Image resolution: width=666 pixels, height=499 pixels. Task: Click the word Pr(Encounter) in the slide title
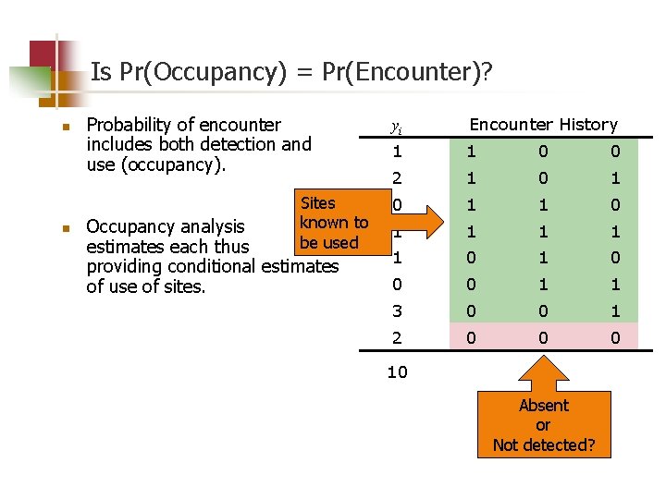[x=399, y=73]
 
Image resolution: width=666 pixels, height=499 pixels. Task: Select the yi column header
[x=397, y=125]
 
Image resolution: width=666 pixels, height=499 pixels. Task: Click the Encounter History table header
[x=543, y=124]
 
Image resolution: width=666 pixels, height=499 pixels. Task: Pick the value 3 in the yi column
[x=397, y=311]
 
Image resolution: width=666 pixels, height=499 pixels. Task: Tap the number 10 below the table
[x=397, y=371]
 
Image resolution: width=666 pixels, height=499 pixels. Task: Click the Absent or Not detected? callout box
[x=543, y=425]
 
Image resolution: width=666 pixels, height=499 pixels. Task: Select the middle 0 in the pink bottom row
[x=543, y=338]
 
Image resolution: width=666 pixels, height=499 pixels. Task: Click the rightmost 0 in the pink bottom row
[x=615, y=338]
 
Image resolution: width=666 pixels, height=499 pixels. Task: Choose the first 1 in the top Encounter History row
[x=471, y=151]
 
